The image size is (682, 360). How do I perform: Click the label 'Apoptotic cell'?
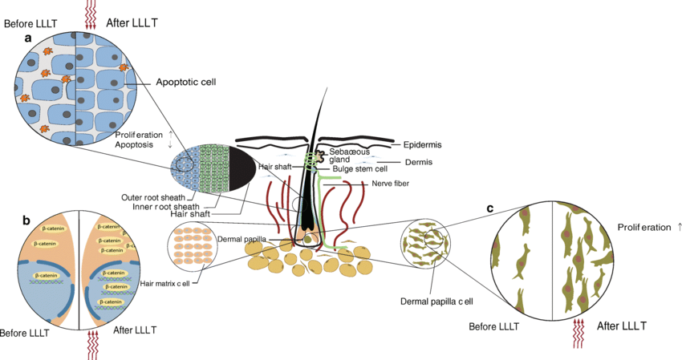tap(186, 82)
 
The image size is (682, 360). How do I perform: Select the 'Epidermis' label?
tap(421, 145)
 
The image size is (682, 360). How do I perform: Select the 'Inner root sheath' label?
tap(164, 206)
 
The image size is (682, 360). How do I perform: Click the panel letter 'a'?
tap(28, 37)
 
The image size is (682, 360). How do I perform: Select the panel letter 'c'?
tap(490, 209)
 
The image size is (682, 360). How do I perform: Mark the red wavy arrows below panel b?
tap(93, 344)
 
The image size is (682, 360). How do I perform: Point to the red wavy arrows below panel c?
tap(579, 334)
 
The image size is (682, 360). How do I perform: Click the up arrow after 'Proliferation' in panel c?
tap(680, 228)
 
